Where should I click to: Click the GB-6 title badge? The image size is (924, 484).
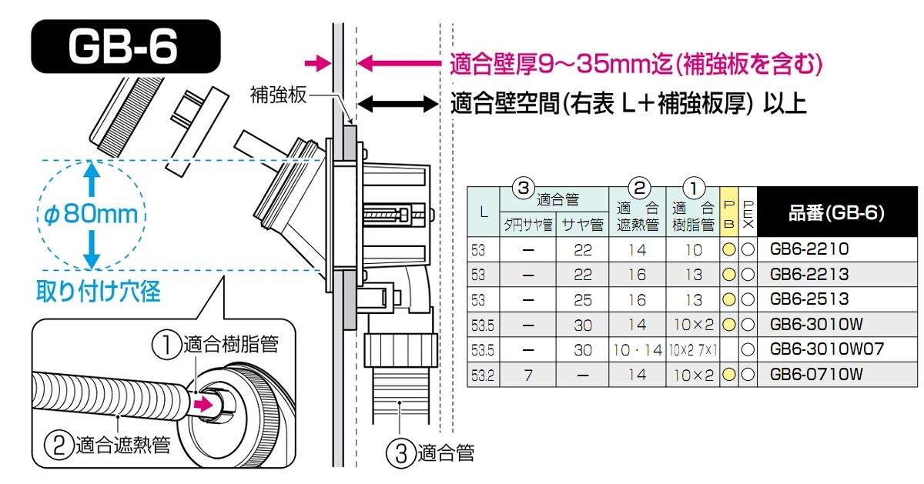click(123, 47)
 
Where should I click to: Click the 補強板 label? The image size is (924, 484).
click(279, 95)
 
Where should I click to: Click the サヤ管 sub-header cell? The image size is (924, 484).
click(582, 225)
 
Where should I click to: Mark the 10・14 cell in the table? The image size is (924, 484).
click(638, 350)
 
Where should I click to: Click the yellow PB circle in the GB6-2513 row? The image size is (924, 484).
click(729, 299)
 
